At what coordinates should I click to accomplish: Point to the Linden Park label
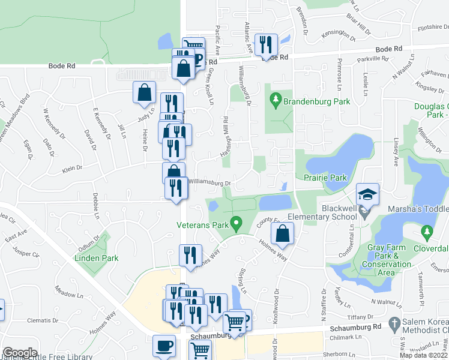click(x=96, y=258)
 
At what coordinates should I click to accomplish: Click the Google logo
click(x=20, y=353)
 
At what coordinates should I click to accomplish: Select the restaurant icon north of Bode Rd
click(x=265, y=44)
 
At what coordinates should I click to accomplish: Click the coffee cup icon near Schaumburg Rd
click(x=164, y=346)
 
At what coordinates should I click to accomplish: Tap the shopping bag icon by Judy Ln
click(x=145, y=92)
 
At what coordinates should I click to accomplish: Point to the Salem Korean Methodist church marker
click(x=394, y=324)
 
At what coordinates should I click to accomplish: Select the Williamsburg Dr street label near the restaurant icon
click(x=209, y=181)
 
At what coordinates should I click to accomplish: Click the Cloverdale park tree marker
click(x=427, y=231)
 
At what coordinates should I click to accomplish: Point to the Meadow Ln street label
click(x=69, y=295)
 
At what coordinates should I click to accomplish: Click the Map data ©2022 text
click(x=424, y=355)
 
